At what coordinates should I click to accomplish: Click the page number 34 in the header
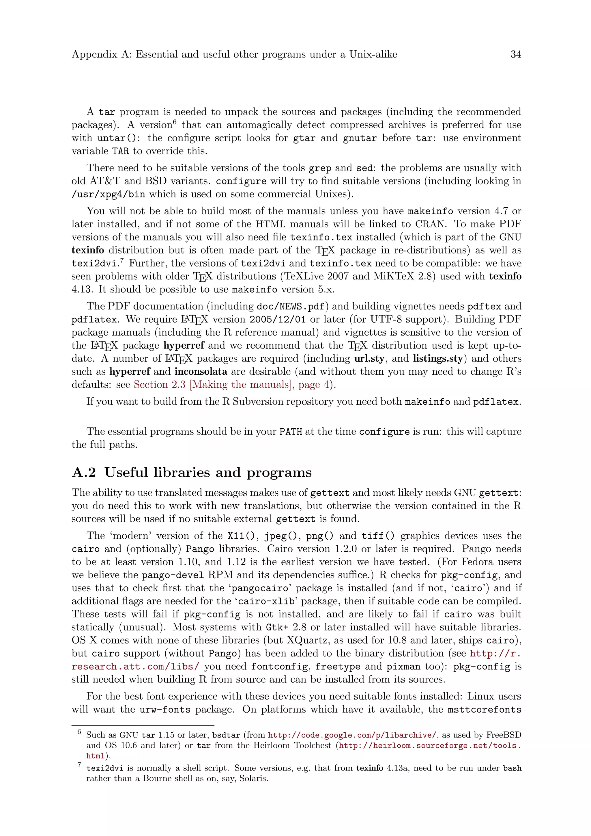click(516, 55)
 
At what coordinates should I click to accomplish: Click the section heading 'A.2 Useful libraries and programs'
click(192, 473)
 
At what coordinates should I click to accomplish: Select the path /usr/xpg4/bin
click(108, 194)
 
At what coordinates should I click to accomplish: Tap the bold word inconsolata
click(201, 372)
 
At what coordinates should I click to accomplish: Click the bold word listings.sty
click(438, 359)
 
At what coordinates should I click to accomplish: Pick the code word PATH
click(291, 432)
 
